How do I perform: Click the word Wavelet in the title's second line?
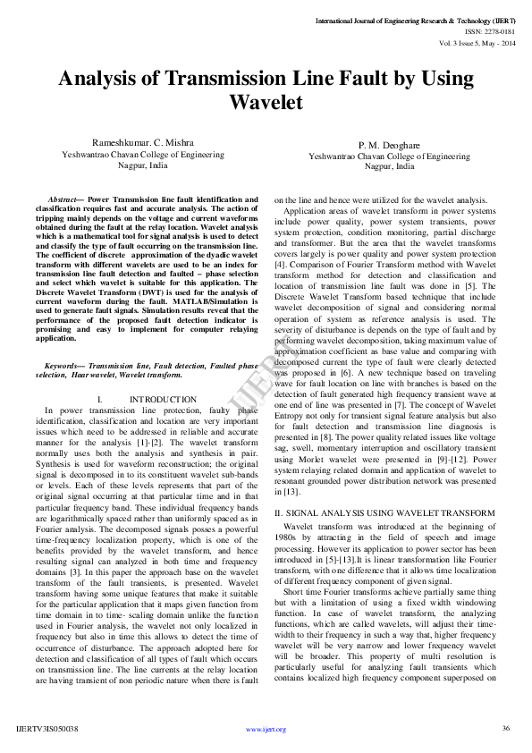(x=266, y=102)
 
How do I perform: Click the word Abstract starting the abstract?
(x=64, y=199)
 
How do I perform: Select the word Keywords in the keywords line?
(x=64, y=366)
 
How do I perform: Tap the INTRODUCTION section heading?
(x=163, y=399)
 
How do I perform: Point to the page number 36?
(x=505, y=728)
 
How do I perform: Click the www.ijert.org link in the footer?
(x=266, y=729)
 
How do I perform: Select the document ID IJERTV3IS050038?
(x=47, y=729)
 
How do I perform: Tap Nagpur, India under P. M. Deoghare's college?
(x=389, y=166)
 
